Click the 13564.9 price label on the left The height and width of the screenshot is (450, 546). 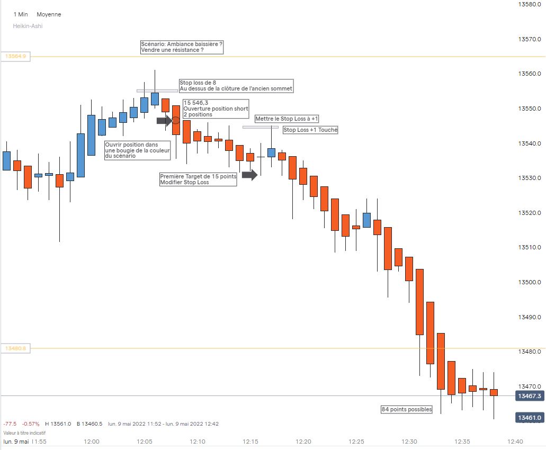(16, 56)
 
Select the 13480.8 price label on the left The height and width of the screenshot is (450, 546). (16, 348)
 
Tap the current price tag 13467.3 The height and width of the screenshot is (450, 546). (530, 396)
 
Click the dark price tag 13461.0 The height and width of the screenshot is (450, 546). (530, 418)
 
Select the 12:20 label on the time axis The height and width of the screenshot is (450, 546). (303, 442)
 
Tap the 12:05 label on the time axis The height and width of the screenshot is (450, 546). (145, 442)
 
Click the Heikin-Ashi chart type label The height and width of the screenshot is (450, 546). (28, 26)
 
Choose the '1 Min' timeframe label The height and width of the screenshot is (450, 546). (21, 14)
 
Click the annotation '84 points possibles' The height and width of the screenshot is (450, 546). (407, 409)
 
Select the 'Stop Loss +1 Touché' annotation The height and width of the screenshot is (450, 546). (310, 130)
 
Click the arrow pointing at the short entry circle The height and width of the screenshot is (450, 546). (164, 121)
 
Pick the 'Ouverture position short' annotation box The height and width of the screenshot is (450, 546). (215, 109)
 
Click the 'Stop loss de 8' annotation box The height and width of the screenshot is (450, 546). (236, 85)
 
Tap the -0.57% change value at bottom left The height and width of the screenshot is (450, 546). (31, 424)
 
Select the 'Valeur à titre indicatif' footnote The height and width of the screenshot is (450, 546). (24, 433)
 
